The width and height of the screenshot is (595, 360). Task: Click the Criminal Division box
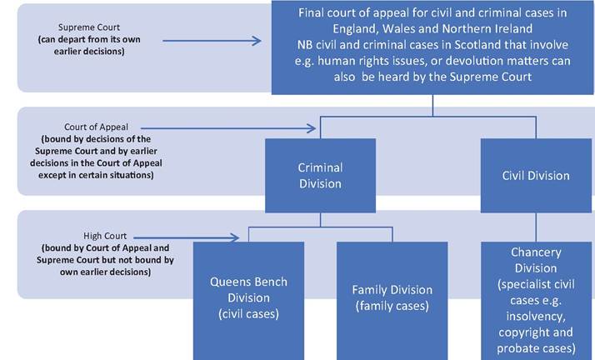[320, 176]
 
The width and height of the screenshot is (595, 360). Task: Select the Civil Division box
[536, 176]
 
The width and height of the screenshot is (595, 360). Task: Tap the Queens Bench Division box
[248, 301]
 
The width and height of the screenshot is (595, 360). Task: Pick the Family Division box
[392, 301]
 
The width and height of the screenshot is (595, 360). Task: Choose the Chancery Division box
[536, 301]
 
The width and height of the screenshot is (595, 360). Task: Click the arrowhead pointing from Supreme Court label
[257, 41]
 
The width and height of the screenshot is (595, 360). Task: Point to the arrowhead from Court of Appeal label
[312, 128]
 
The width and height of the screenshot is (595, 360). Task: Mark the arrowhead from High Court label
[234, 237]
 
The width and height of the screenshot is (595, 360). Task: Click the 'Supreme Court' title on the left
[89, 27]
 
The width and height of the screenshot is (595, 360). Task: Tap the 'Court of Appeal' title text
[96, 127]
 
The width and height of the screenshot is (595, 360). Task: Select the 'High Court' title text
[105, 236]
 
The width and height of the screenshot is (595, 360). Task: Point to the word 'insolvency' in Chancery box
[536, 317]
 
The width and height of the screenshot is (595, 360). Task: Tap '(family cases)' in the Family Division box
[392, 306]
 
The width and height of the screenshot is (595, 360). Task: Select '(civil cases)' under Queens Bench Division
[248, 313]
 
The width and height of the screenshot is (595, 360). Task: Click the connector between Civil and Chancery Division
[536, 227]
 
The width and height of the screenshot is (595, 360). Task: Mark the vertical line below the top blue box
[432, 106]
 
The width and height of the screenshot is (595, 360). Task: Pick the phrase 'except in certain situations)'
[96, 175]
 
